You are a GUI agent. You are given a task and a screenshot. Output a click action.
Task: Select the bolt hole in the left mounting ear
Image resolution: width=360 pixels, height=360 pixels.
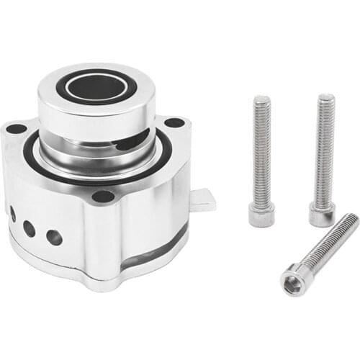pos(16,129)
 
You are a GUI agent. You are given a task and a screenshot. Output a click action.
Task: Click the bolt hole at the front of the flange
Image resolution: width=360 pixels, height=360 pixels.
pos(103,196)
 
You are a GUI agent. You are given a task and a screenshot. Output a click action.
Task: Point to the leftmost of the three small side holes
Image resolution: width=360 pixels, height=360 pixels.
pos(13,214)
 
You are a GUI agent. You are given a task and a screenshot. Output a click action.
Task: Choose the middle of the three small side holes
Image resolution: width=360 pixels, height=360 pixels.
pos(30,228)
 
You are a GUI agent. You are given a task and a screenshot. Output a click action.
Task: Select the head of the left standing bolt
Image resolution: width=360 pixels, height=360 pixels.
pos(261,215)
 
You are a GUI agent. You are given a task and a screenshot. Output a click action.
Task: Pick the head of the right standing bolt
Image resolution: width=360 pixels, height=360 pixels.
pos(322,214)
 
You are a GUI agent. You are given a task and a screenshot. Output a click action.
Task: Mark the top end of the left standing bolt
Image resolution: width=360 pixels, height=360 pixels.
pos(261,99)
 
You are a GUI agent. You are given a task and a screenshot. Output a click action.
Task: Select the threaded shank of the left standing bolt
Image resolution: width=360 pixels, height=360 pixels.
pos(261,151)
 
